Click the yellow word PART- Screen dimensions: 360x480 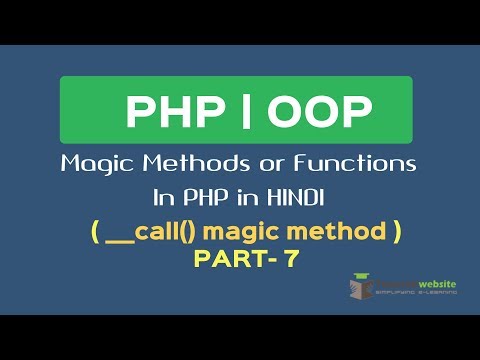pos(229,258)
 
